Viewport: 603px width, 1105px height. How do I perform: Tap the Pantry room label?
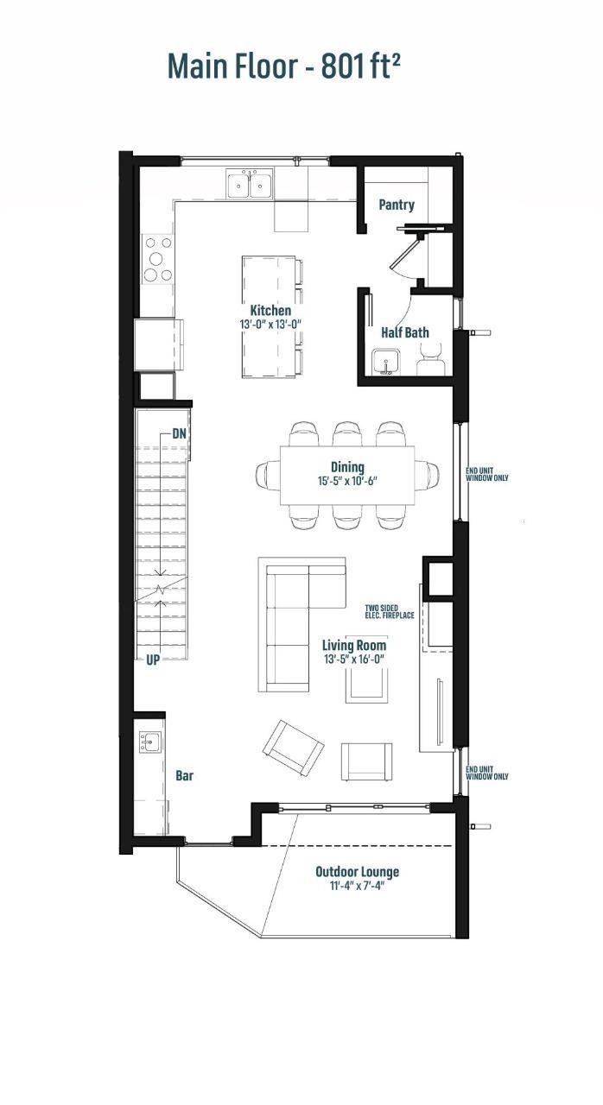pyautogui.click(x=397, y=205)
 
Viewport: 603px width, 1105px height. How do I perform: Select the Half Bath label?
pyautogui.click(x=404, y=332)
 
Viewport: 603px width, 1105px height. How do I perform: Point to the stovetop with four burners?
pyautogui.click(x=157, y=259)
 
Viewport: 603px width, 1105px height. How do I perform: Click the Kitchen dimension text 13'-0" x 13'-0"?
pyautogui.click(x=270, y=325)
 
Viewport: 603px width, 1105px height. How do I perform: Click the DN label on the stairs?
pyautogui.click(x=180, y=433)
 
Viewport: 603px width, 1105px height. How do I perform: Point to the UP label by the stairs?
pyautogui.click(x=153, y=660)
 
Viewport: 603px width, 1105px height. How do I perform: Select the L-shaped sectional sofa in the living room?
pyautogui.click(x=294, y=613)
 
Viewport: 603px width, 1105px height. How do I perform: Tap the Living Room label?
pyautogui.click(x=354, y=645)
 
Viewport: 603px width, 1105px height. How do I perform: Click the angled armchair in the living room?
pyautogui.click(x=294, y=746)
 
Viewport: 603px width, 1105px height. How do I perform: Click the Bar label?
pyautogui.click(x=184, y=776)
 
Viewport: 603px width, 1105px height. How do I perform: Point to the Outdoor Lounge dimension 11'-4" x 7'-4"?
pyautogui.click(x=357, y=887)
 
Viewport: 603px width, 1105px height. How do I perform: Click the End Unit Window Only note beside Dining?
pyautogui.click(x=487, y=474)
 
